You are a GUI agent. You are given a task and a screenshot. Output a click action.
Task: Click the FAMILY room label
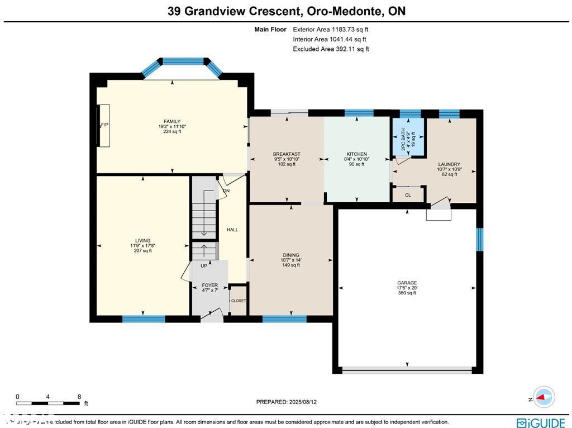click(171, 121)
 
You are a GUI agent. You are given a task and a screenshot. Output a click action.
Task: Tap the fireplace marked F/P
click(104, 125)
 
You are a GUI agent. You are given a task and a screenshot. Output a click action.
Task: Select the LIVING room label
click(142, 241)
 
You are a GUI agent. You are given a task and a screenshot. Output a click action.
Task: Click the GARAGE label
click(407, 283)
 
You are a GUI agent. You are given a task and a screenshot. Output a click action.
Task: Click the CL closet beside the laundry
click(408, 195)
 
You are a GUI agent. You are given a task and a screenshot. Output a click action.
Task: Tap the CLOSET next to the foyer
click(239, 301)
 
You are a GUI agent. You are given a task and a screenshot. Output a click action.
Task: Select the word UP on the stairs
click(204, 266)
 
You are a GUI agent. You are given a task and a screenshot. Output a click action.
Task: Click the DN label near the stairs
click(226, 191)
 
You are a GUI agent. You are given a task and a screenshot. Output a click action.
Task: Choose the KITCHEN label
click(356, 154)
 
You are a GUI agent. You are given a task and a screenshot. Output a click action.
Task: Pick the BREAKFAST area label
click(287, 154)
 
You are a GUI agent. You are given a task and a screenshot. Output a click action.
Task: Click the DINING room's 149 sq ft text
click(291, 265)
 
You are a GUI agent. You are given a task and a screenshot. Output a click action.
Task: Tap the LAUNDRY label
click(449, 164)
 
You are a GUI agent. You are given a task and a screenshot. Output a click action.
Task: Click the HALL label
click(232, 230)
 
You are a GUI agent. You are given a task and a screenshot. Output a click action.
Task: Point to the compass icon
click(543, 397)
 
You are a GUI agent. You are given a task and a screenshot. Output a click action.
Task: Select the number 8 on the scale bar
click(79, 396)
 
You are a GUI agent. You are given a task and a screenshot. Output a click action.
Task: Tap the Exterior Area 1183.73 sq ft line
click(331, 30)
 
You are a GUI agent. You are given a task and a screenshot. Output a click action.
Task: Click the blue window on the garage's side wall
click(479, 239)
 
